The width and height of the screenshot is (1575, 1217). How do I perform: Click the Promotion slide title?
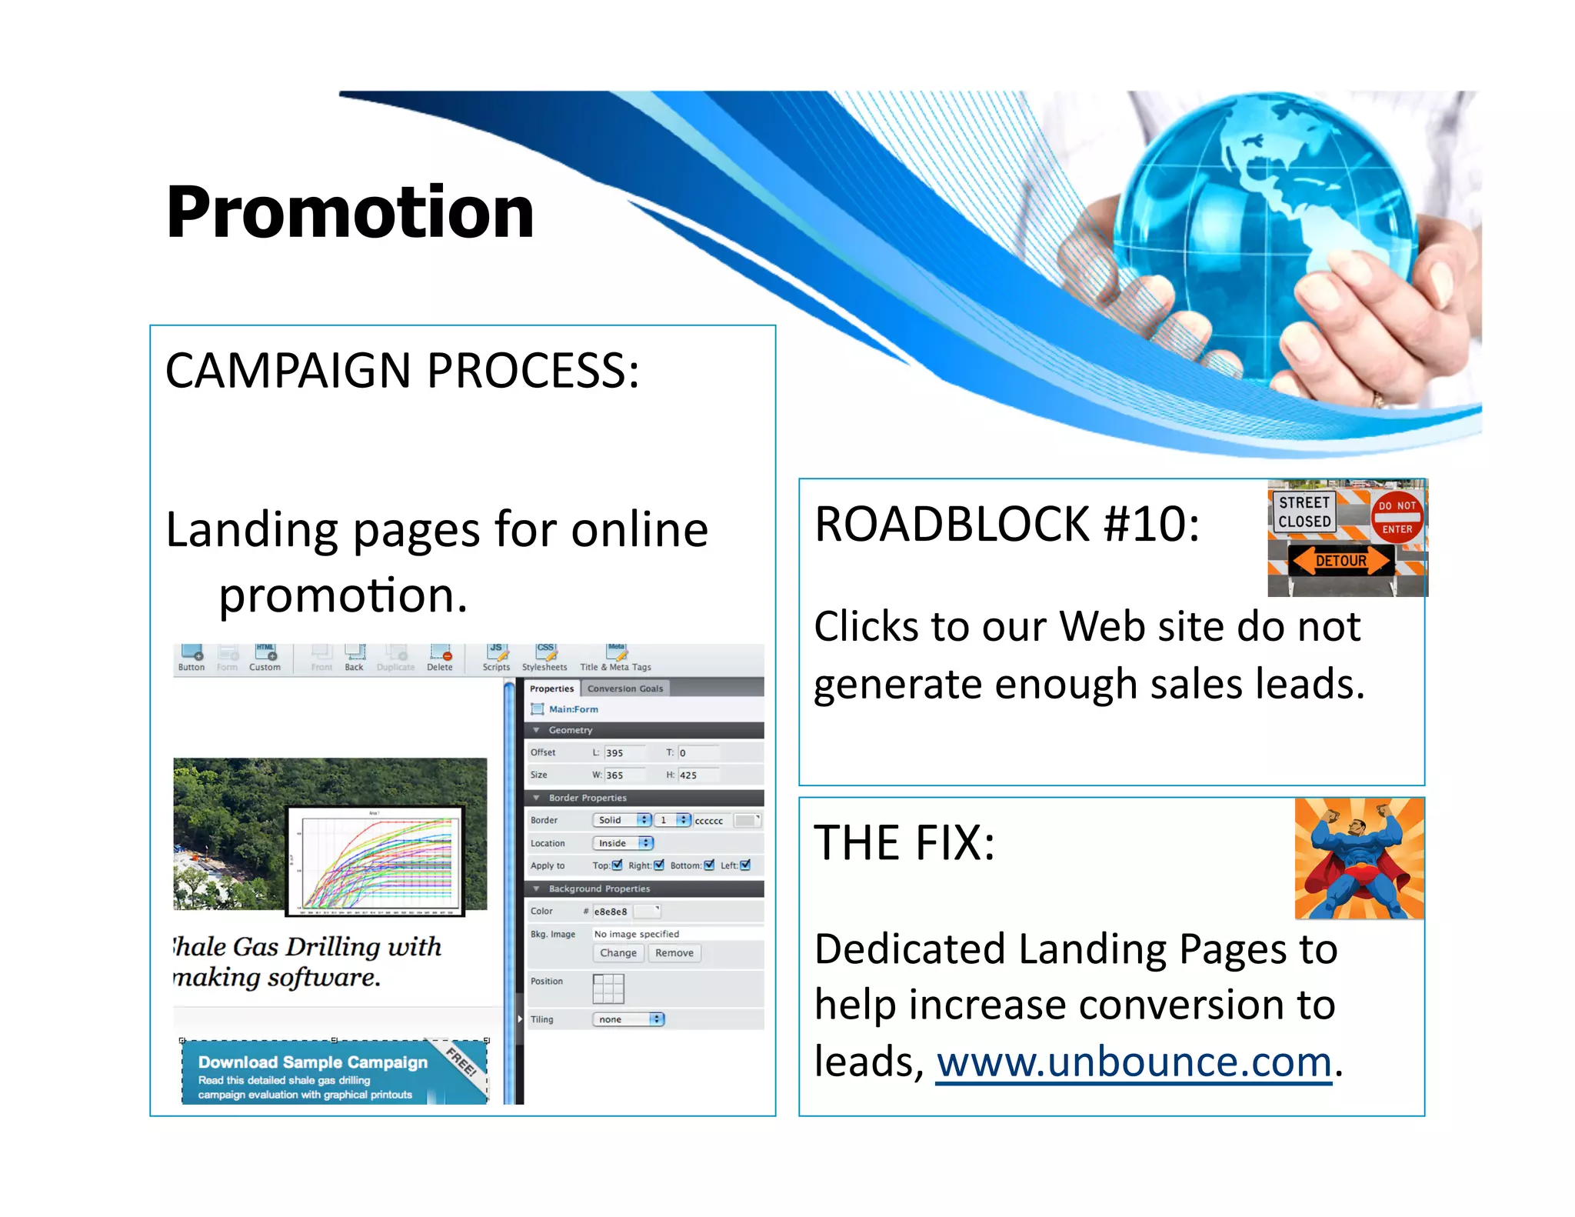tap(350, 212)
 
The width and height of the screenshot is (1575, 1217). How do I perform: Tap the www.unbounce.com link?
tap(1134, 1062)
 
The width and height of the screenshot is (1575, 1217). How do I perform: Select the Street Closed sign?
tap(1304, 512)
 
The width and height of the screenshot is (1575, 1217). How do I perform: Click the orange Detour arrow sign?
tap(1340, 561)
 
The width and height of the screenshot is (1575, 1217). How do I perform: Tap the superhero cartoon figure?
tap(1358, 859)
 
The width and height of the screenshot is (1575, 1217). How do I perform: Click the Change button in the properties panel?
tap(618, 953)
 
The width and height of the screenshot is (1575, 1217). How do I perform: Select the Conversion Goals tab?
tap(625, 689)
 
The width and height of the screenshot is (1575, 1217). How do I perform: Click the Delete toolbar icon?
tap(440, 658)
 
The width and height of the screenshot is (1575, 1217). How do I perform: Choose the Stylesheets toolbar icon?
tap(544, 658)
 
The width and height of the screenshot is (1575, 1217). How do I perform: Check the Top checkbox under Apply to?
tap(617, 865)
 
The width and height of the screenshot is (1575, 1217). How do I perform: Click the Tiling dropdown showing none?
tap(628, 1019)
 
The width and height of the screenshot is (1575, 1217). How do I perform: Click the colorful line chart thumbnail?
tap(375, 861)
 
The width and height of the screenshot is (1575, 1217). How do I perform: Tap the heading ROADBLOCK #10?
tap(1007, 525)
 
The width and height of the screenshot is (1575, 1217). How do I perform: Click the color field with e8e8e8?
tap(611, 912)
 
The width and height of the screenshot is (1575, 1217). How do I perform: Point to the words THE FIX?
tap(904, 843)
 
